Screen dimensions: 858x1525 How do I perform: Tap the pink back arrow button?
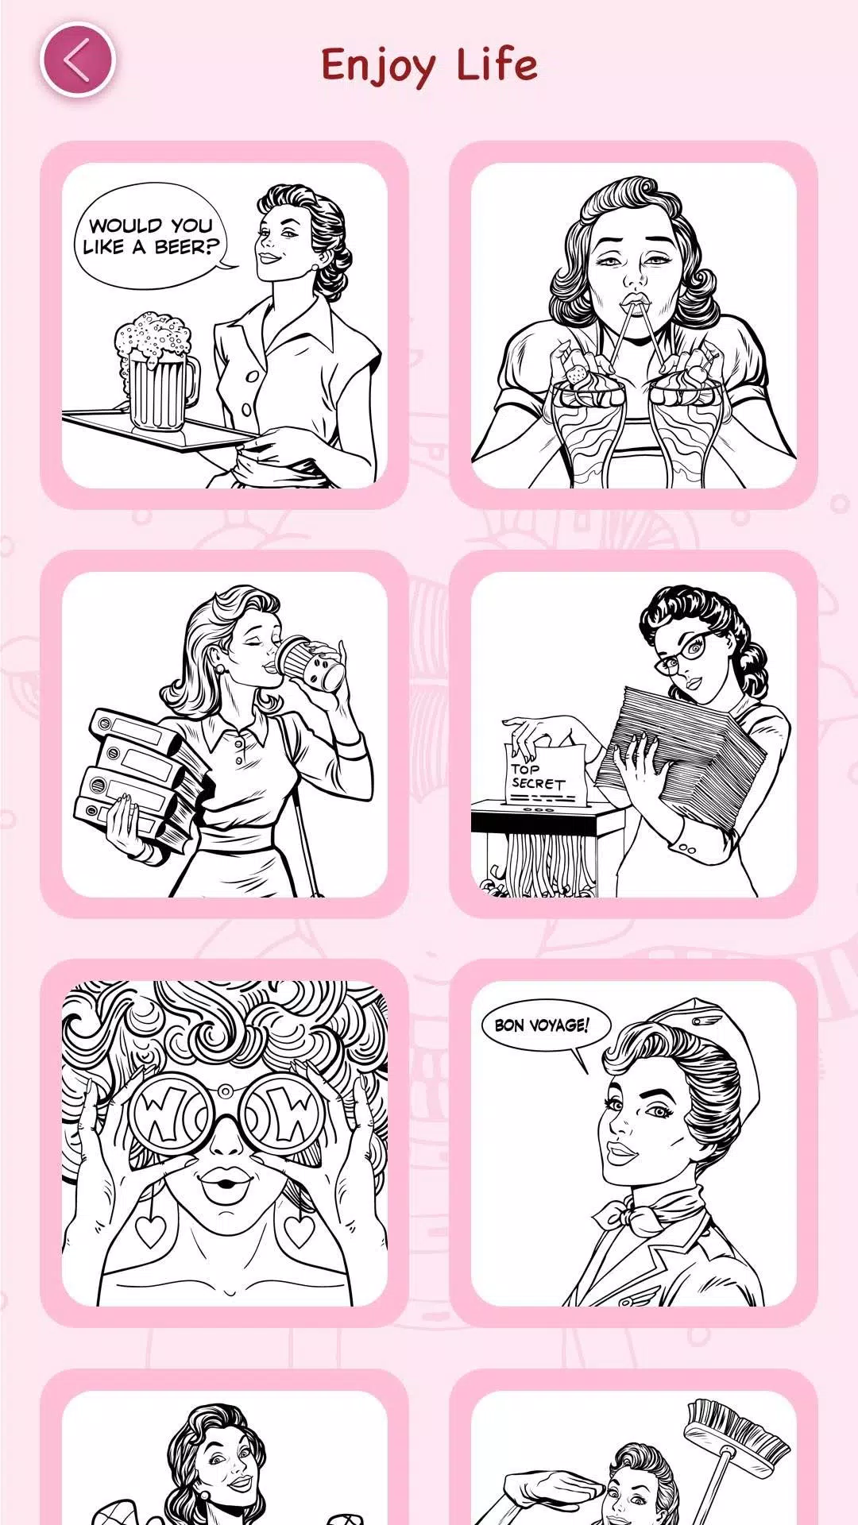[78, 61]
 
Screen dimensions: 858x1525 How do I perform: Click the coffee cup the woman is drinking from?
[312, 663]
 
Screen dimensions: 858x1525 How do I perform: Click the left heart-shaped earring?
[149, 1227]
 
